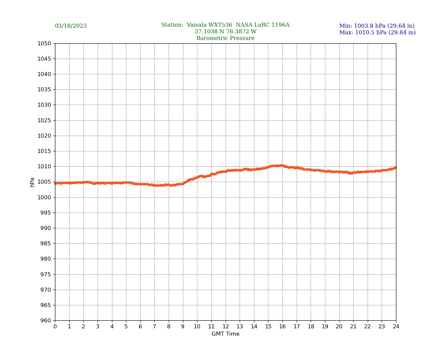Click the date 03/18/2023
[x=71, y=26]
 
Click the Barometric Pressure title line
[x=225, y=38]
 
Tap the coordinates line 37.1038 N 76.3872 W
[x=225, y=32]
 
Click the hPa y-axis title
[x=32, y=182]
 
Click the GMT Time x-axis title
[x=225, y=334]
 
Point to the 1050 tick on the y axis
[x=44, y=43]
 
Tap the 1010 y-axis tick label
[x=44, y=167]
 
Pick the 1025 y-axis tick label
[x=44, y=120]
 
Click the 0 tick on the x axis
[x=55, y=327]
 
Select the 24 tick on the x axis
[x=396, y=327]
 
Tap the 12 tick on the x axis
[x=226, y=327]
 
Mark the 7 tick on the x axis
[x=154, y=327]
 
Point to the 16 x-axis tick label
[x=282, y=327]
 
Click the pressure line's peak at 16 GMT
[x=282, y=165]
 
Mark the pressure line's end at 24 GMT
[x=395, y=168]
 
